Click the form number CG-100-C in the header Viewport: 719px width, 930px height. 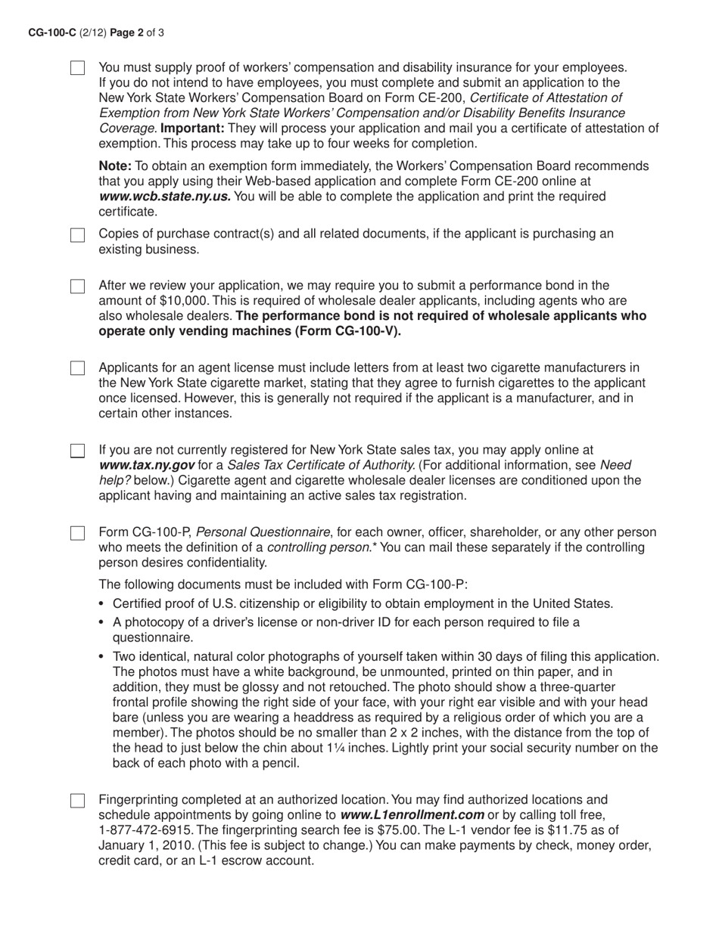pyautogui.click(x=51, y=33)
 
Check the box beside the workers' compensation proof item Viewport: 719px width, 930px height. pyautogui.click(x=77, y=68)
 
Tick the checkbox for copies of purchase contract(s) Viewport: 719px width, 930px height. pyautogui.click(x=77, y=235)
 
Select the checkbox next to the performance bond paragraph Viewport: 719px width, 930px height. pyautogui.click(x=77, y=287)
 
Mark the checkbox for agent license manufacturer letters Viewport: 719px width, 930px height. pyautogui.click(x=77, y=368)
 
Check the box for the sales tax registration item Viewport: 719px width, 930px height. pyautogui.click(x=77, y=451)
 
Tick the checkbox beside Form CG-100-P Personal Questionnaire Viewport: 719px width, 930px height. pyautogui.click(x=77, y=533)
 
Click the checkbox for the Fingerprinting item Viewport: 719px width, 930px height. pyautogui.click(x=77, y=801)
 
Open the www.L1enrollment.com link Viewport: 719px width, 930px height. pyautogui.click(x=412, y=815)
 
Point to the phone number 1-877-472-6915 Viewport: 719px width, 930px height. pyautogui.click(x=144, y=830)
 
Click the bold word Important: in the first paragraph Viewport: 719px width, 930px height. pyautogui.click(x=190, y=128)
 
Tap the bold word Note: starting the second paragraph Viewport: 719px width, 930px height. pyautogui.click(x=115, y=166)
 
